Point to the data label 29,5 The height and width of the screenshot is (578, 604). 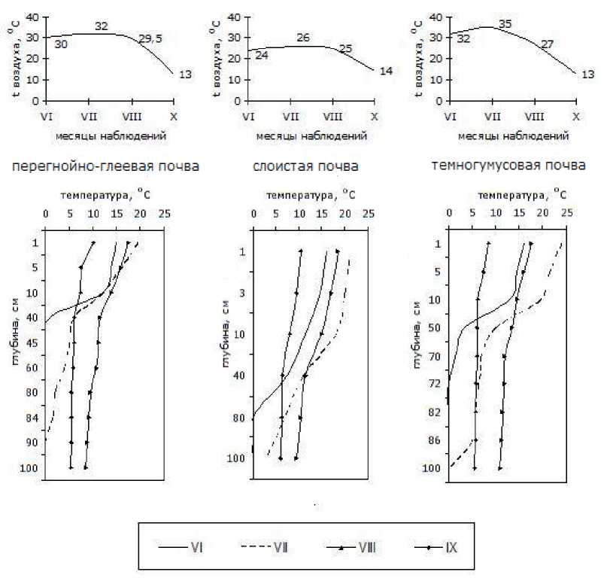[x=150, y=38]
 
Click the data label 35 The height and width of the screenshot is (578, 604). [x=505, y=25]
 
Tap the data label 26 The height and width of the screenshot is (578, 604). [x=303, y=37]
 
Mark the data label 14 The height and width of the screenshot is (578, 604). [x=386, y=70]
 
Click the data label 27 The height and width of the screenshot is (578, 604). [x=547, y=45]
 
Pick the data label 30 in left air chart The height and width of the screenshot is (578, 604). [x=61, y=44]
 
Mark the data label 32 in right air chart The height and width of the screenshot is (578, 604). [x=463, y=39]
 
